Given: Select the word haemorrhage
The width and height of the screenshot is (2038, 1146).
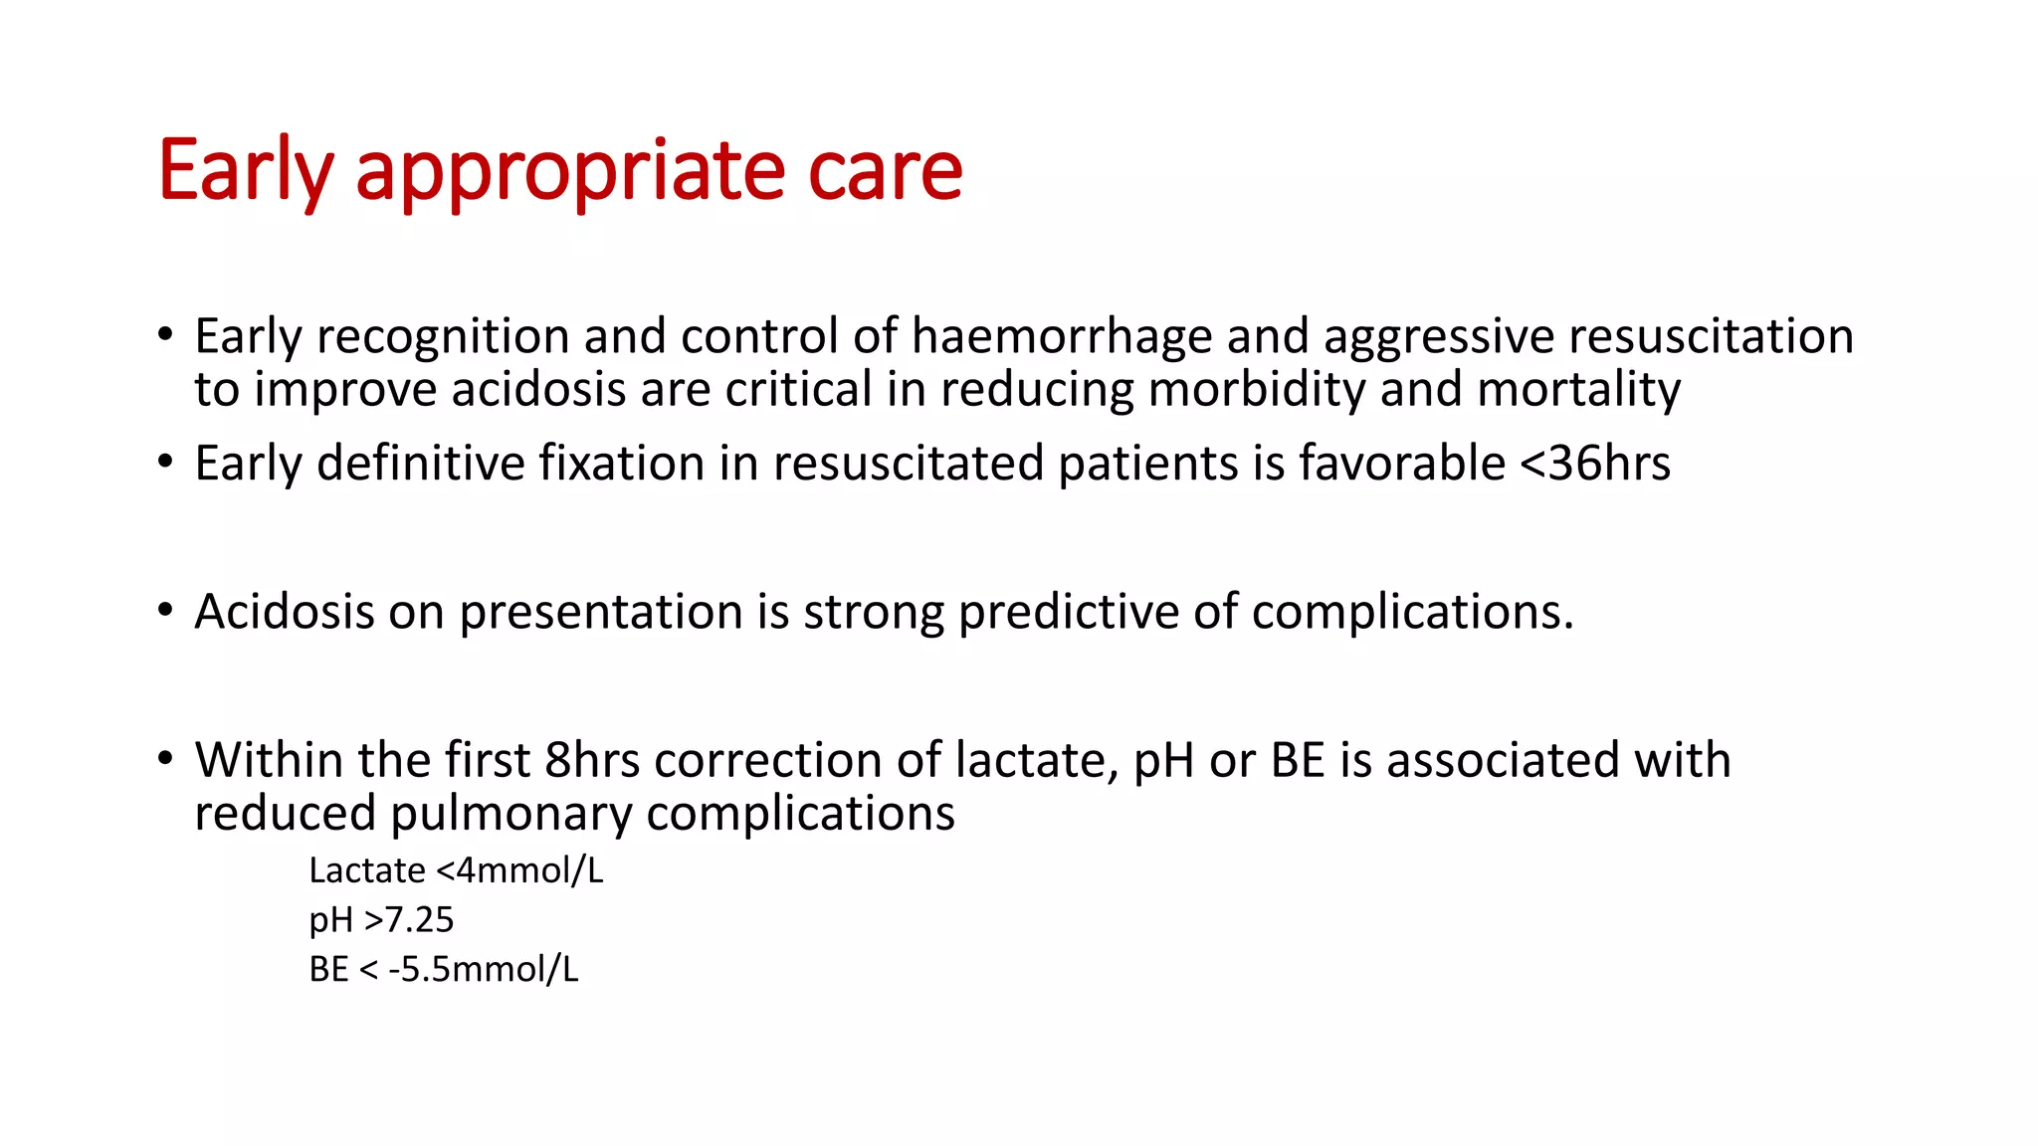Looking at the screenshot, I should [x=1061, y=336].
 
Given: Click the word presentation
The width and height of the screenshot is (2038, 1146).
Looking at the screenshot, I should [x=601, y=612].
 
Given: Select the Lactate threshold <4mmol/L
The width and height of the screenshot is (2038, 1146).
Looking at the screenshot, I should [x=519, y=870].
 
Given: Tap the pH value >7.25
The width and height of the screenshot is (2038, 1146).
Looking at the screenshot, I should [x=409, y=920].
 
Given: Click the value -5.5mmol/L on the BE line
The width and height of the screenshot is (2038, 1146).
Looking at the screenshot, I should [x=483, y=969].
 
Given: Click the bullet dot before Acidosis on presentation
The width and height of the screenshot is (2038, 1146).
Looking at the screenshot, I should [x=165, y=610].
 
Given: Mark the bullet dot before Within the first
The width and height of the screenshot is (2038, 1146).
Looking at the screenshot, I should [x=165, y=759].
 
